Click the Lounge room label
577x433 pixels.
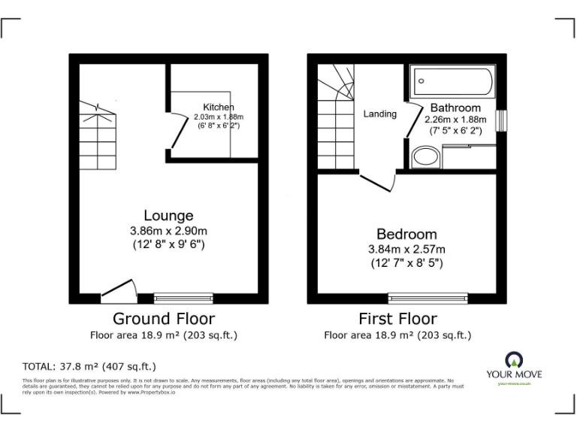(x=168, y=216)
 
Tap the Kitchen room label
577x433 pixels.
(x=218, y=107)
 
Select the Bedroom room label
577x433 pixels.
(x=406, y=235)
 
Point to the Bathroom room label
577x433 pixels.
(x=455, y=108)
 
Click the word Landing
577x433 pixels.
(x=380, y=114)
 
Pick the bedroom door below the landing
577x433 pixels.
(x=379, y=180)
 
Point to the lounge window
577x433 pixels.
(x=183, y=297)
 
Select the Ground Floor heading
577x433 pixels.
(x=163, y=319)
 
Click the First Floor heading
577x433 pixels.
(x=397, y=319)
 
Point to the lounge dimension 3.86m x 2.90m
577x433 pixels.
(x=168, y=231)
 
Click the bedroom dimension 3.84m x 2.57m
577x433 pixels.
(x=406, y=250)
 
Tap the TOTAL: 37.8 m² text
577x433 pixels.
(x=89, y=367)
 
